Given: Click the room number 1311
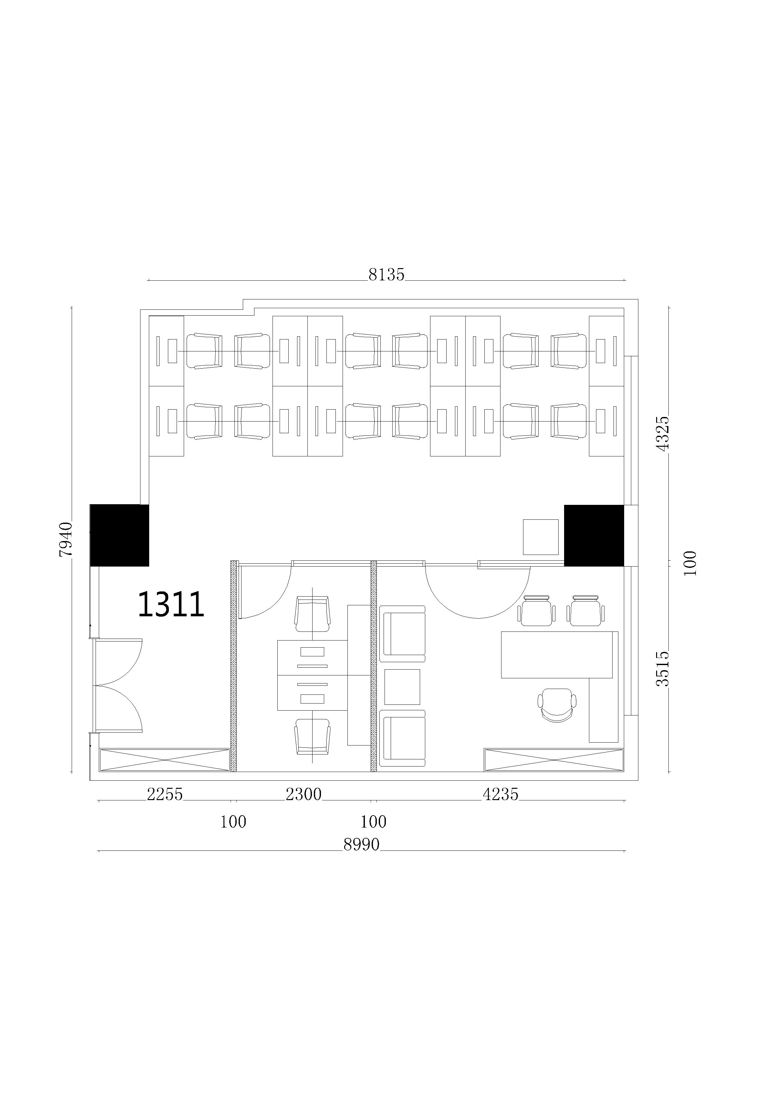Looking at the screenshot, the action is point(171,604).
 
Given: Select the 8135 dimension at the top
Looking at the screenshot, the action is point(386,275).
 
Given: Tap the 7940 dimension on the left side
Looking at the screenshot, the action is point(66,539).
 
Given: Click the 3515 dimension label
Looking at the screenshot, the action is point(663,669).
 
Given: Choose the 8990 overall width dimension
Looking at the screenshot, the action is point(361,845).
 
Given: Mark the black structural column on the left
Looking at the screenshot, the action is point(120,535).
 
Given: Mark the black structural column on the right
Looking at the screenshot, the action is point(594,536).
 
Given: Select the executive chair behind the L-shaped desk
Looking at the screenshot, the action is point(557,705).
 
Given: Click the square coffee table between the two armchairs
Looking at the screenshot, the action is point(402,687).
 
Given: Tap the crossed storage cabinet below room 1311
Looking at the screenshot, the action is point(165,760).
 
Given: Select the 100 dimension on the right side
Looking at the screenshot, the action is point(690,563).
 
